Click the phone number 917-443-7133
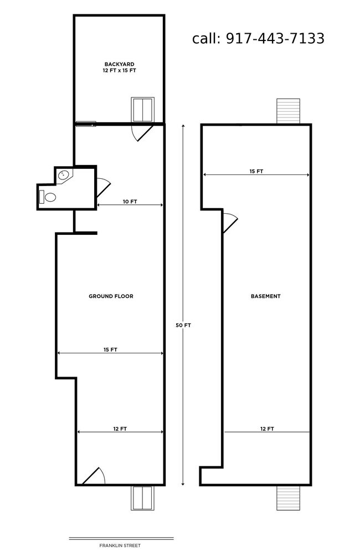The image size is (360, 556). coord(275,38)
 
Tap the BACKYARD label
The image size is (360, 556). coord(119,64)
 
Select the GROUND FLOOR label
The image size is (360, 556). coord(111,296)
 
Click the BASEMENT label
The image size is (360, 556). coord(266,296)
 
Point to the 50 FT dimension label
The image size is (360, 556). coord(183,325)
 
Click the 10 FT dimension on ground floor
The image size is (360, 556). coord(130,202)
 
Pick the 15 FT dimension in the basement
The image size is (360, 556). coord(256,171)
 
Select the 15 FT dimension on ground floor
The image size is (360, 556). coord(110,349)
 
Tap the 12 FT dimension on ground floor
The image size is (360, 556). coord(120,429)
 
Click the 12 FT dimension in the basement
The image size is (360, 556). coord(267,429)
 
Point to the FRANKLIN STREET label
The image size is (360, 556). coord(120,545)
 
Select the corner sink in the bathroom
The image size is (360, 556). coord(65,175)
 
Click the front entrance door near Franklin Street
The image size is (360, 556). coord(94,476)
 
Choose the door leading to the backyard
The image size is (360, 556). coord(142,132)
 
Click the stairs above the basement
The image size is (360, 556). coord(289,111)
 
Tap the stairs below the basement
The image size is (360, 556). coord(289,498)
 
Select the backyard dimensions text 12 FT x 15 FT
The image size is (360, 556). coord(120,70)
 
